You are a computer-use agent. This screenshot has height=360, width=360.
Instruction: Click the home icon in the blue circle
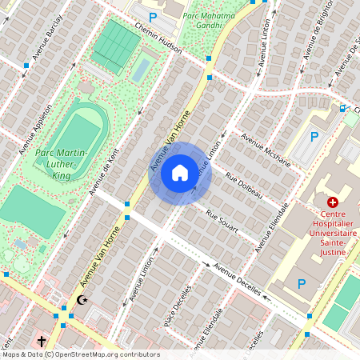(180, 172)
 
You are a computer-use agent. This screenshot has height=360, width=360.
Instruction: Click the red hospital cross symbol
(332, 203)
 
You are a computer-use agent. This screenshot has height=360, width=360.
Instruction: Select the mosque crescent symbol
(81, 300)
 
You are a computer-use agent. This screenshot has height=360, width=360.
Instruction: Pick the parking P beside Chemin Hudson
(152, 15)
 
